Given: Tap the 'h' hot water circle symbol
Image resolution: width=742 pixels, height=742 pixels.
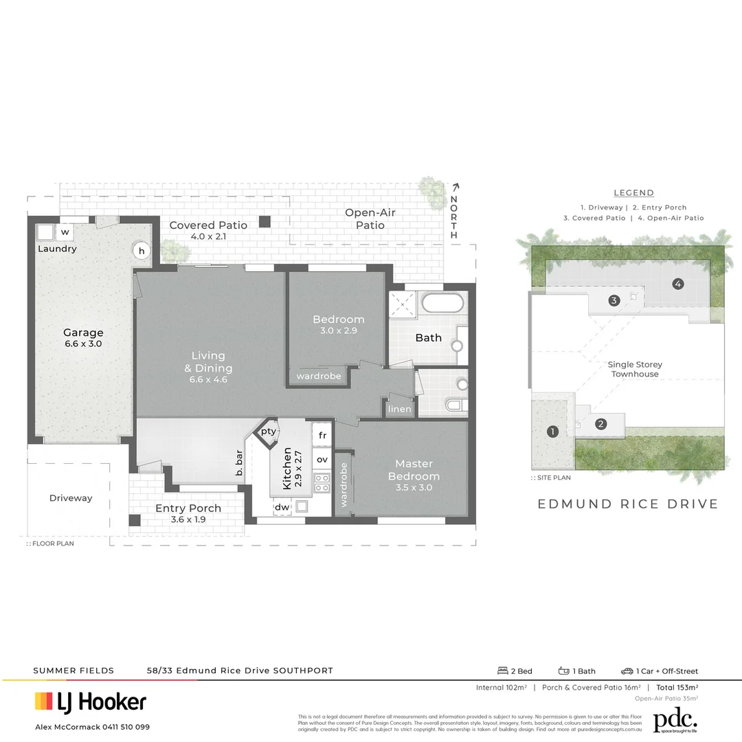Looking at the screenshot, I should click(141, 250).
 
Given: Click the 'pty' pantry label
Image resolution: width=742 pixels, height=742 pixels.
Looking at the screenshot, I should click(268, 431).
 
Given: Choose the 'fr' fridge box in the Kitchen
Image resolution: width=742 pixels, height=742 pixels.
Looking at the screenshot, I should click(322, 436).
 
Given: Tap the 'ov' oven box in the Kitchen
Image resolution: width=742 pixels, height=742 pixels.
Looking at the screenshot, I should click(322, 459).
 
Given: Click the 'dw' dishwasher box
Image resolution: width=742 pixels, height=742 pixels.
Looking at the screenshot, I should click(282, 507).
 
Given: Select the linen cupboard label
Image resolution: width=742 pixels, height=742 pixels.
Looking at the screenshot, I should click(400, 409).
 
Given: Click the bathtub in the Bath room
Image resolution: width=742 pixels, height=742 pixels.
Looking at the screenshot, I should click(442, 304).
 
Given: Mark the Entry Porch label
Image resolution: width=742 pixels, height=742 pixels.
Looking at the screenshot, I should click(188, 508).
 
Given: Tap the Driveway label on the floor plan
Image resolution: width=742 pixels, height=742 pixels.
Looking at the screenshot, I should click(70, 498).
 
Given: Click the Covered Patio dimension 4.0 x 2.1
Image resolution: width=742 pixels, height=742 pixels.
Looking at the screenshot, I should click(208, 237).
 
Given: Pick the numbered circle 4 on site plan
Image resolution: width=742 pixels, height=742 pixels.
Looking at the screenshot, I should click(678, 283).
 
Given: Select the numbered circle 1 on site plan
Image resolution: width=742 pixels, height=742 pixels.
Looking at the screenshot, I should click(552, 431).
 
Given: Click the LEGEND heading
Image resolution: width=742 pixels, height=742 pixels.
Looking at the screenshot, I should click(633, 193).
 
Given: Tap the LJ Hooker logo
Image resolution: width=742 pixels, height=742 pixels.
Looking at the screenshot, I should click(91, 701).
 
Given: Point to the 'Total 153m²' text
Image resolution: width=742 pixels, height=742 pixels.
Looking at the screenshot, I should click(677, 687).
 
